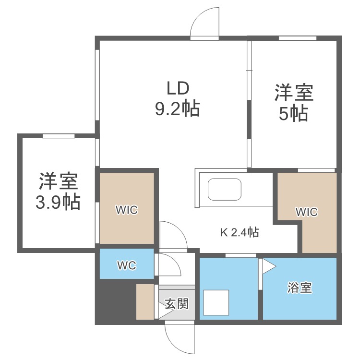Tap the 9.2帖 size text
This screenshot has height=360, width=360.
pyautogui.click(x=177, y=110)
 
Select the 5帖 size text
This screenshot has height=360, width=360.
pyautogui.click(x=293, y=114)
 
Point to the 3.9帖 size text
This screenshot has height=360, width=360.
pyautogui.click(x=58, y=203)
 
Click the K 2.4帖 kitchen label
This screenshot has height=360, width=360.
pyautogui.click(x=240, y=233)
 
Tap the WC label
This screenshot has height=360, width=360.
pyautogui.click(x=127, y=265)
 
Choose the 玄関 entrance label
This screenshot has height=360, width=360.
pyautogui.click(x=176, y=303)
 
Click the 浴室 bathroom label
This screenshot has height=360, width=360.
pyautogui.click(x=300, y=288)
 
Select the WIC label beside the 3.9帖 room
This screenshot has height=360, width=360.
pyautogui.click(x=127, y=210)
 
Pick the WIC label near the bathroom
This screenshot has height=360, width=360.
pyautogui.click(x=306, y=212)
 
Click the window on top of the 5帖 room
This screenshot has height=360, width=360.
pyautogui.click(x=297, y=38)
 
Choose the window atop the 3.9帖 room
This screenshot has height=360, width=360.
pyautogui.click(x=58, y=136)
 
